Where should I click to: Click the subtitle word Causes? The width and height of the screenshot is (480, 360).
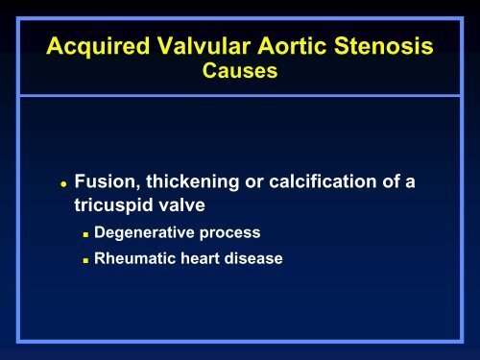click(239, 73)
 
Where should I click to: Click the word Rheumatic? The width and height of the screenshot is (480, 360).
click(132, 257)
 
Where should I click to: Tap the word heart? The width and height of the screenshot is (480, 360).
click(197, 257)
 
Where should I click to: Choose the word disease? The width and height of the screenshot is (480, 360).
click(252, 257)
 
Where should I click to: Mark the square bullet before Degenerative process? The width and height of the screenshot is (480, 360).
click(86, 233)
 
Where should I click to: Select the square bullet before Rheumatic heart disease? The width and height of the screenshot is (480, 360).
click(86, 258)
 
